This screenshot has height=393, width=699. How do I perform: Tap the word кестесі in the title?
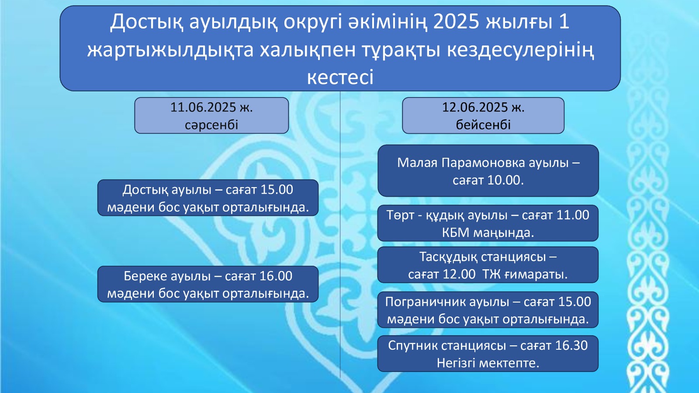[340, 77]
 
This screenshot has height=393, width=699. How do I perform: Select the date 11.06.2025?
[203, 108]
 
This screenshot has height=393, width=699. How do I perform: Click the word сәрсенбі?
[211, 125]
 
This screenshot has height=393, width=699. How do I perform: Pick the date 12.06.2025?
[475, 108]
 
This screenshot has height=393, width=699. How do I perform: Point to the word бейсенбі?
[483, 125]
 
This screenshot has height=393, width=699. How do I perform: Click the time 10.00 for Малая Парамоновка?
[502, 181]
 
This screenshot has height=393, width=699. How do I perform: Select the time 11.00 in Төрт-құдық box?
[573, 215]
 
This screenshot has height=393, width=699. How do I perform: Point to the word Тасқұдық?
[448, 257]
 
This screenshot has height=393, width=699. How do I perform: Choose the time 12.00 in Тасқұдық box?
[459, 275]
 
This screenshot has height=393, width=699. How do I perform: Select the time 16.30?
[571, 345]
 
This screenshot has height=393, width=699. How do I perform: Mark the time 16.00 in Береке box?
[276, 276]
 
